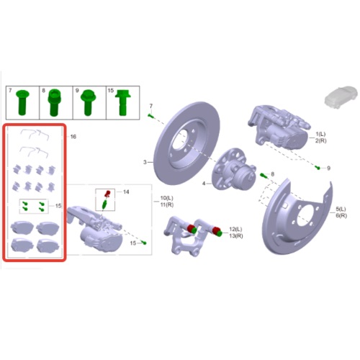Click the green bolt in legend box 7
pyautogui.click(x=22, y=102)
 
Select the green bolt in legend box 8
pyautogui.click(x=55, y=103)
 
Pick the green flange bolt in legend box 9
pyautogui.click(x=89, y=102)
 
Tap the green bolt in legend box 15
pyautogui.click(x=122, y=103)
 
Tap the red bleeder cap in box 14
pyautogui.click(x=108, y=193)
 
